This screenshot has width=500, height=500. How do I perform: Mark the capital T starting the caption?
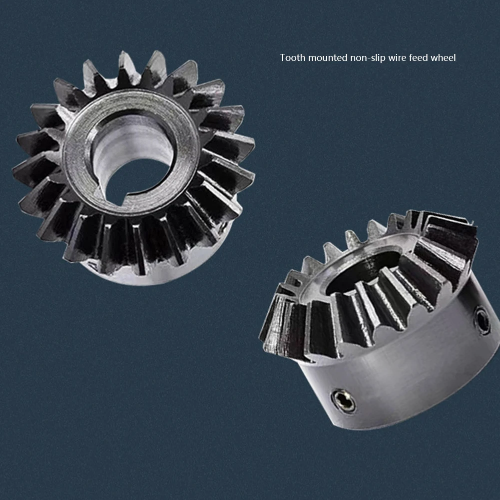(x=283, y=58)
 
